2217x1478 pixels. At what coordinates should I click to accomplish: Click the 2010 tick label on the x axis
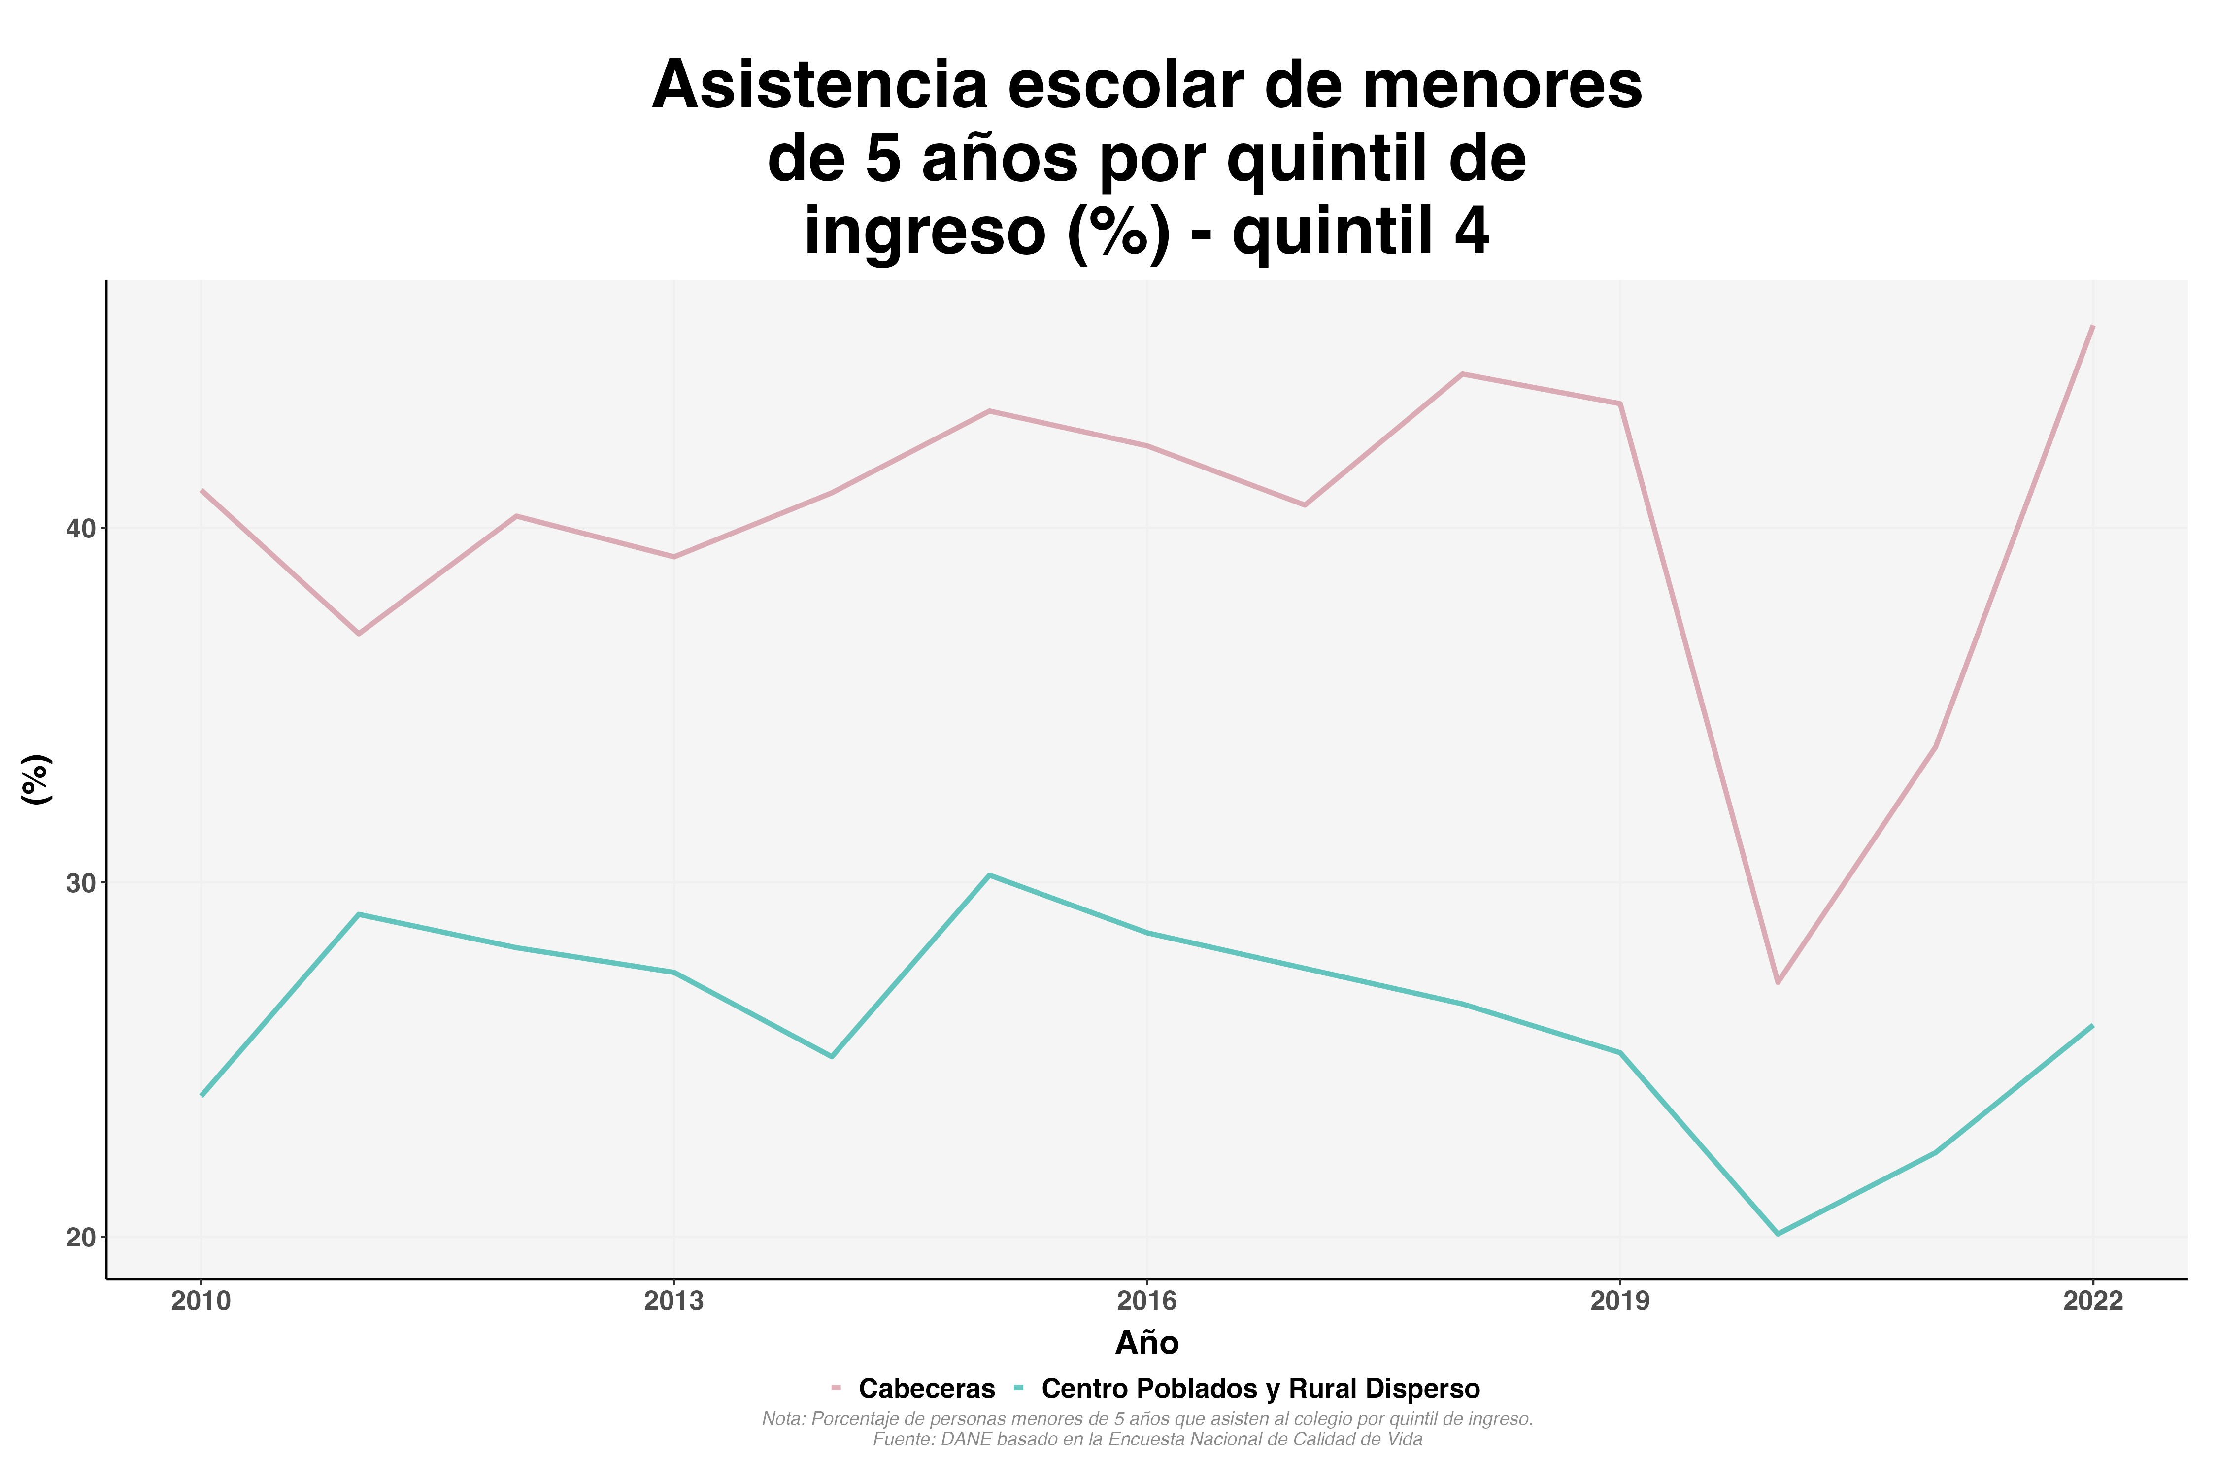[201, 1302]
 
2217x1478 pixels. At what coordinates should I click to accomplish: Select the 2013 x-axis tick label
[674, 1302]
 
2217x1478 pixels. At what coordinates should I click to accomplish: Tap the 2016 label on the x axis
[1147, 1302]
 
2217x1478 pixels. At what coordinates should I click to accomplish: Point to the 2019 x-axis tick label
[1620, 1302]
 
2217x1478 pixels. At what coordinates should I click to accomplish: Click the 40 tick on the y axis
[82, 529]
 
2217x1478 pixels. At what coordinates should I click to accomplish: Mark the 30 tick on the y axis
[82, 883]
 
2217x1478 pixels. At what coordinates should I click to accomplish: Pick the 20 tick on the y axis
[82, 1238]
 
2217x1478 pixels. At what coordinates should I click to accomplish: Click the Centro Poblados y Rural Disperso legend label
[1260, 1389]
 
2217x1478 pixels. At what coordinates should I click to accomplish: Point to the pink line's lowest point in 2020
[1778, 982]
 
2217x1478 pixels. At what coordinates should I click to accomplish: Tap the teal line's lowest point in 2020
[1778, 1234]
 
